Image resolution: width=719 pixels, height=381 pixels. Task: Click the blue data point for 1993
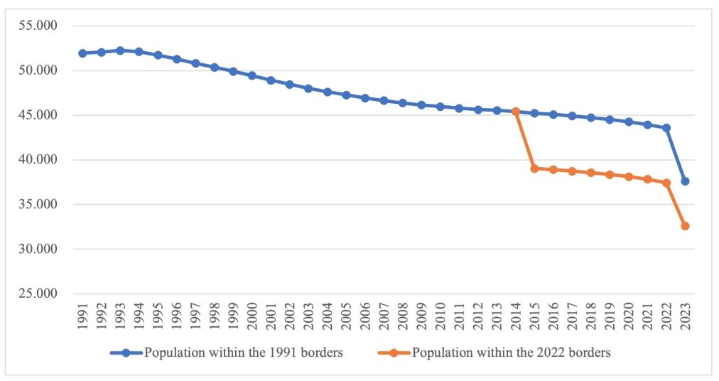120,50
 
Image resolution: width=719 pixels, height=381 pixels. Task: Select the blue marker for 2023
685,181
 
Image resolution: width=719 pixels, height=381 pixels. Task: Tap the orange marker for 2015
534,168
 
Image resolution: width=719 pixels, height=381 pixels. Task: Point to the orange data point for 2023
685,226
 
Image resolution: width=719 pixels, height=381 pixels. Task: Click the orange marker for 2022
666,183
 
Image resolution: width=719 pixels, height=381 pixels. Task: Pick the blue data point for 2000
252,75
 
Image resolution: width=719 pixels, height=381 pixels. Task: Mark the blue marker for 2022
666,128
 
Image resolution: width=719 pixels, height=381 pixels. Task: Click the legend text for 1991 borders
244,353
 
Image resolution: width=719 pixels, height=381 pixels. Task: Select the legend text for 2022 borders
512,353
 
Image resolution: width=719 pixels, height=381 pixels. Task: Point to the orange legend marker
395,353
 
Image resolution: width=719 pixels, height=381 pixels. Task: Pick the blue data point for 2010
440,107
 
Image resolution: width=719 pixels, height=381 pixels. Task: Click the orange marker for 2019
610,174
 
